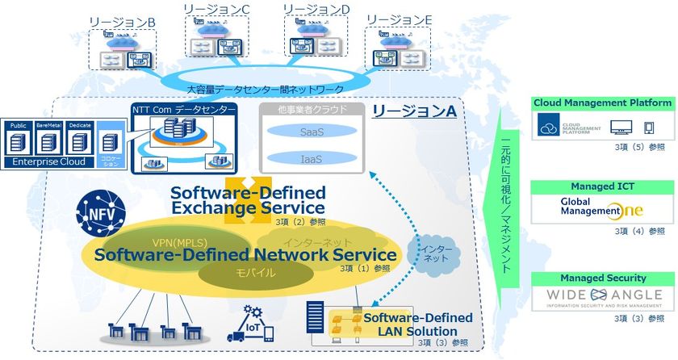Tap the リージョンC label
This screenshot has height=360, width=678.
[x=216, y=9]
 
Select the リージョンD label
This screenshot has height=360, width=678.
[x=317, y=9]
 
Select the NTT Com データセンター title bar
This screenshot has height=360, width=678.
[x=185, y=109]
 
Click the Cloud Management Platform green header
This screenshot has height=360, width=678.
[x=602, y=103]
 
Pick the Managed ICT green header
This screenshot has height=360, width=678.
[x=602, y=186]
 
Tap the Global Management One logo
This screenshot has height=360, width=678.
[x=602, y=208]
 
